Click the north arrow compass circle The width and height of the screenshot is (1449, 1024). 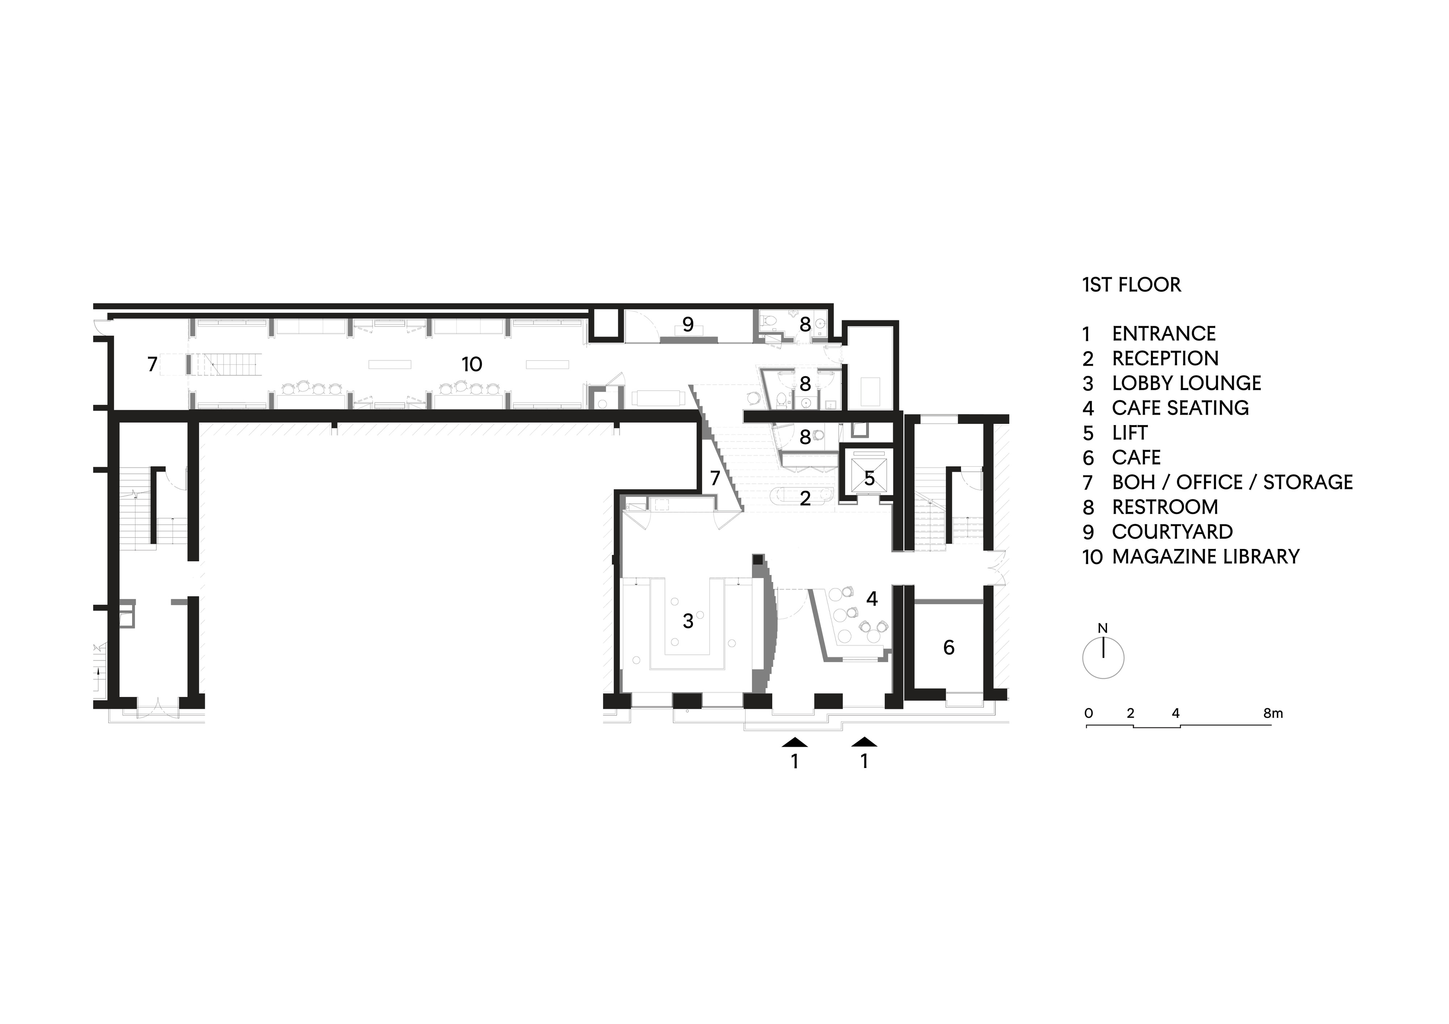coord(1103,658)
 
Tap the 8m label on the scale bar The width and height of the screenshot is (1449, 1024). coord(1273,714)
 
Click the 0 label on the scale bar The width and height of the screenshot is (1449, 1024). coord(1089,714)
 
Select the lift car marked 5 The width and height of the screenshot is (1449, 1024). coord(869,478)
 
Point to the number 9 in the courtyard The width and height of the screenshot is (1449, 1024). coord(688,325)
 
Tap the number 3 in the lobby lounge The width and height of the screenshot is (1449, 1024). coord(688,621)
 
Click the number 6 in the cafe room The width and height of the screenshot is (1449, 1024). coord(948,647)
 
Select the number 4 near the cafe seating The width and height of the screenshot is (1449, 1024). coord(872,599)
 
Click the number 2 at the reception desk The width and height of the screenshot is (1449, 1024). coord(805,499)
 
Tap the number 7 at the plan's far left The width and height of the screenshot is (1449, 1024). coord(152,365)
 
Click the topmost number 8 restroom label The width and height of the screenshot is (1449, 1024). coord(805,325)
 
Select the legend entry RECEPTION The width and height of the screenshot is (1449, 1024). coord(1164,358)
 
